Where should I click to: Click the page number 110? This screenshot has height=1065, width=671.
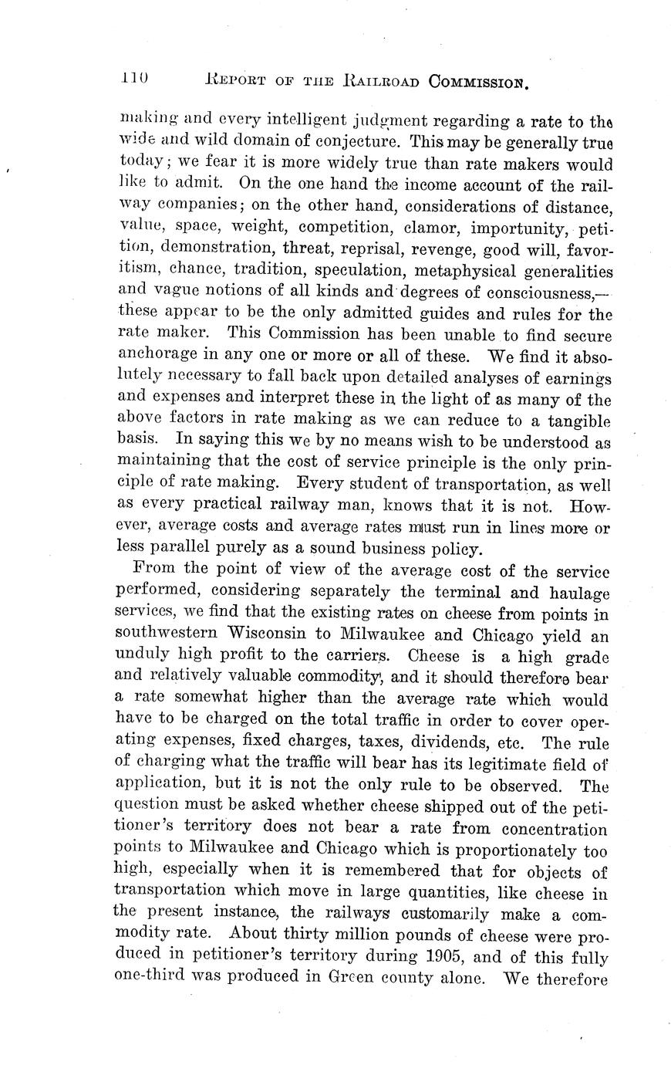[134, 78]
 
